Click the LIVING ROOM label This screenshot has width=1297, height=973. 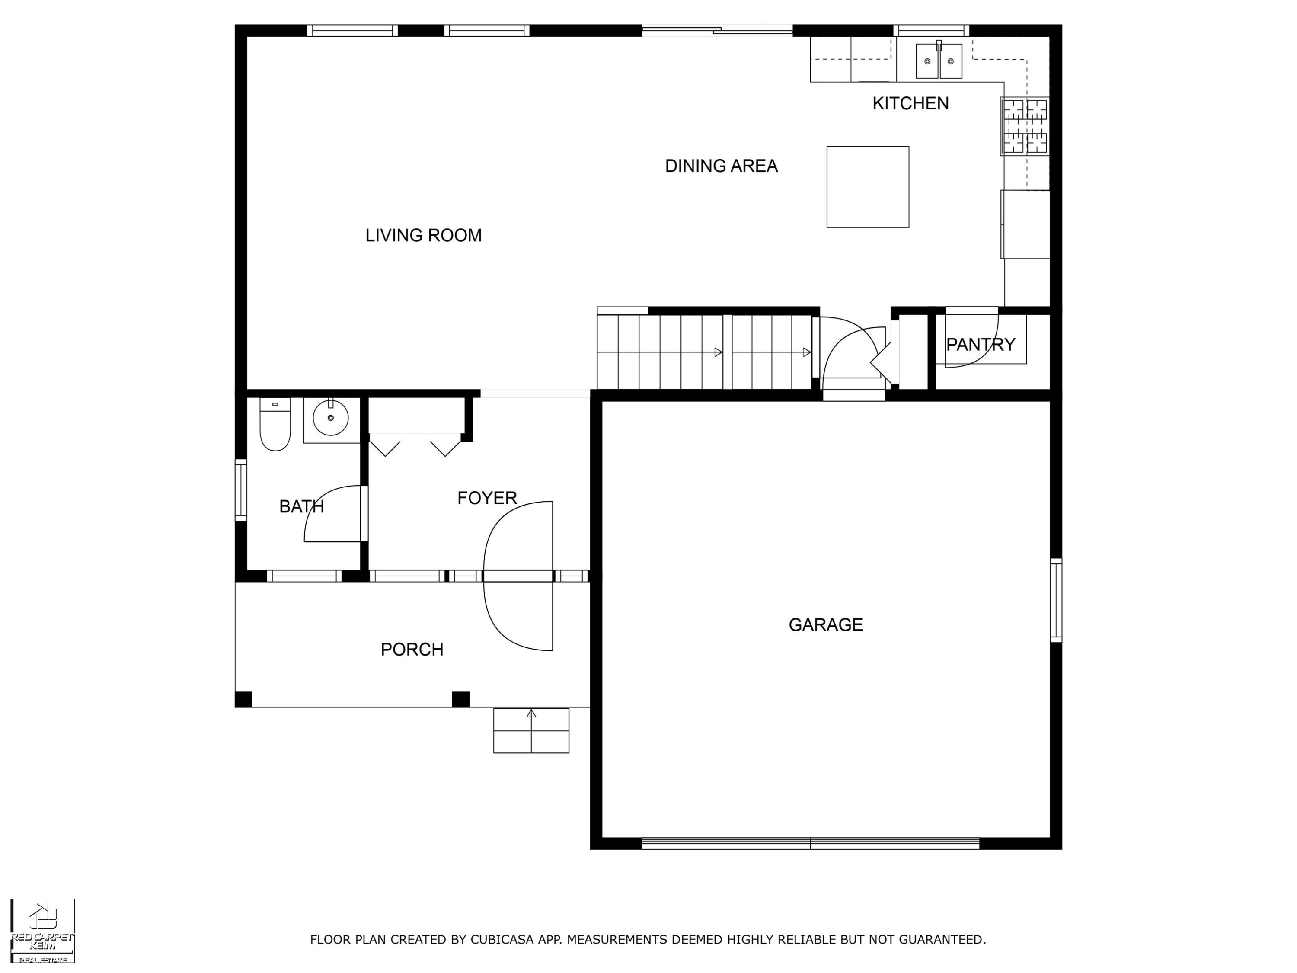click(x=423, y=235)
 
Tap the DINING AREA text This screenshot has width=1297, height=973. click(x=721, y=166)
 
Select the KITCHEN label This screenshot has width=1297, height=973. click(x=910, y=103)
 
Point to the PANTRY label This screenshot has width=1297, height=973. click(x=981, y=344)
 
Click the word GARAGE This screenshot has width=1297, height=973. click(x=826, y=624)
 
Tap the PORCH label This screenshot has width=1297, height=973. click(x=412, y=649)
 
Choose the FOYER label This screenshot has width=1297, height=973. click(x=487, y=498)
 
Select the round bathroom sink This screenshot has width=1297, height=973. click(x=331, y=418)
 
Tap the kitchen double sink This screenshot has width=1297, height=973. click(x=939, y=61)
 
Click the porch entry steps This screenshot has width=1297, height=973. click(x=531, y=731)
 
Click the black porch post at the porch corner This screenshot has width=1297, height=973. click(x=243, y=700)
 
